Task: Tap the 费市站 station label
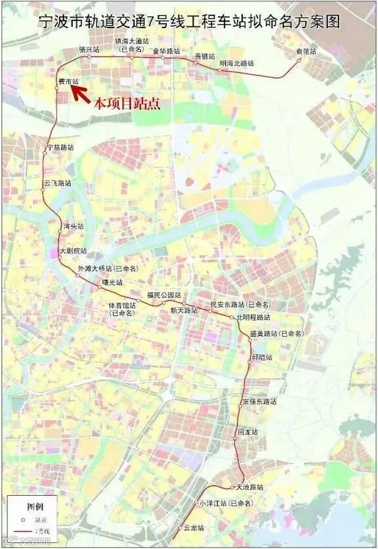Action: [x=68, y=81]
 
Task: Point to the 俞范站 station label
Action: [x=306, y=51]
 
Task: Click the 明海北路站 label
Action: [x=236, y=63]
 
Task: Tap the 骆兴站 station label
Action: [x=89, y=49]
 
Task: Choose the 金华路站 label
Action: [x=166, y=51]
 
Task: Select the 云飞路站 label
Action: [x=57, y=184]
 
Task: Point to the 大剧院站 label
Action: [x=73, y=250]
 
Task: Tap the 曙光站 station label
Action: [x=112, y=282]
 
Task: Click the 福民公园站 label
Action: [x=163, y=294]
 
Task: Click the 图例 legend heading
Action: [x=35, y=506]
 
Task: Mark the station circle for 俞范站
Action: [x=299, y=60]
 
